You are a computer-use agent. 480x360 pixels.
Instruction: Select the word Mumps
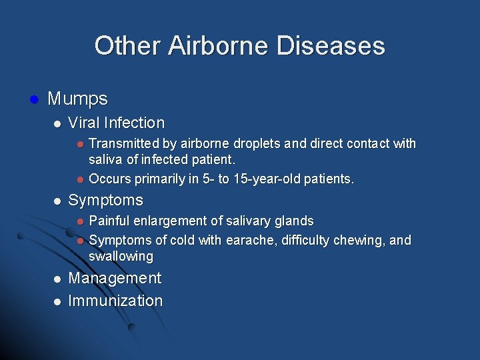pyautogui.click(x=77, y=99)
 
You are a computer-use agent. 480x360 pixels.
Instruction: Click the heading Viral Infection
pyautogui.click(x=116, y=123)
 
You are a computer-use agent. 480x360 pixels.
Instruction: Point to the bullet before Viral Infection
pyautogui.click(x=58, y=123)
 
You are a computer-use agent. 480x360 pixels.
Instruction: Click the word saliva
pyautogui.click(x=107, y=161)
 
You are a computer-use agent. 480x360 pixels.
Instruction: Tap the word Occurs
pyautogui.click(x=109, y=179)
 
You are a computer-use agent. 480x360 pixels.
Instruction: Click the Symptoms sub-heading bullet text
pyautogui.click(x=105, y=200)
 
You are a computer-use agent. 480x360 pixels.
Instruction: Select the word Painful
pyautogui.click(x=110, y=221)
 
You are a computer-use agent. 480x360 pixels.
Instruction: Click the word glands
pyautogui.click(x=293, y=221)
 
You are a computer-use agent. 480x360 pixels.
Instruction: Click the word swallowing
pyautogui.click(x=121, y=257)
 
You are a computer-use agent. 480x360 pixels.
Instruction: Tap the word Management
pyautogui.click(x=115, y=278)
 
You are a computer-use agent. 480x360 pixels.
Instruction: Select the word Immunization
pyautogui.click(x=115, y=301)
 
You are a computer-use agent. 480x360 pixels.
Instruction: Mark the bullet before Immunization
pyautogui.click(x=58, y=301)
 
